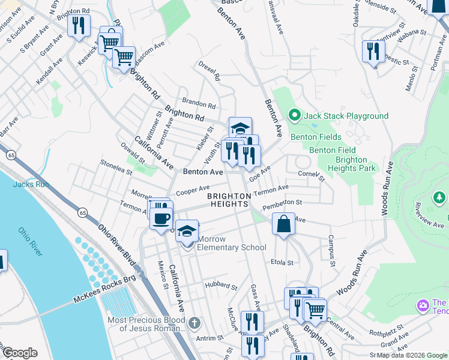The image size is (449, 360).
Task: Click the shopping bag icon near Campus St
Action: pyautogui.click(x=283, y=224)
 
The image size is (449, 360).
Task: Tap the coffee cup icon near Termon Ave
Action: pyautogui.click(x=161, y=218)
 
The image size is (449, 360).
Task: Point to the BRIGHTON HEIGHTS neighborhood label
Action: pyautogui.click(x=229, y=200)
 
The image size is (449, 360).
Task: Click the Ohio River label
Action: pyautogui.click(x=30, y=241)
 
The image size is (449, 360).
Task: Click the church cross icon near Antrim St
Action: pyautogui.click(x=194, y=324)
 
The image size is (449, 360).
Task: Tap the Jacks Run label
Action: pyautogui.click(x=31, y=184)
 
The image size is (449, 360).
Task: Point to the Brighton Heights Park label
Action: pyautogui.click(x=351, y=164)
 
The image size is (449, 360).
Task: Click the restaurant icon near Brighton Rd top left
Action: pyautogui.click(x=79, y=26)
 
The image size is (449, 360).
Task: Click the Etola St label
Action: pyautogui.click(x=282, y=262)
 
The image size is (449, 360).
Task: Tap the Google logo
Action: pyautogui.click(x=20, y=353)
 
